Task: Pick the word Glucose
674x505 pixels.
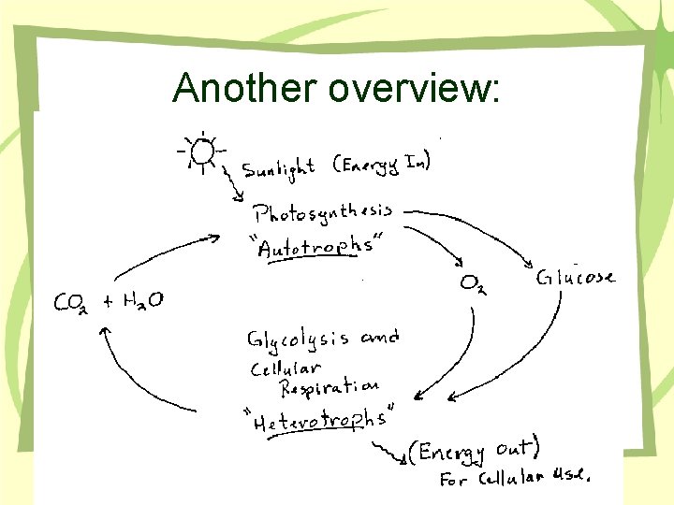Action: click(576, 277)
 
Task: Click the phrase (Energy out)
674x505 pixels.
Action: click(473, 453)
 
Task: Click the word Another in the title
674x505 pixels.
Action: click(246, 89)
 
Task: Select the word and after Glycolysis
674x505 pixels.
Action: click(379, 337)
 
